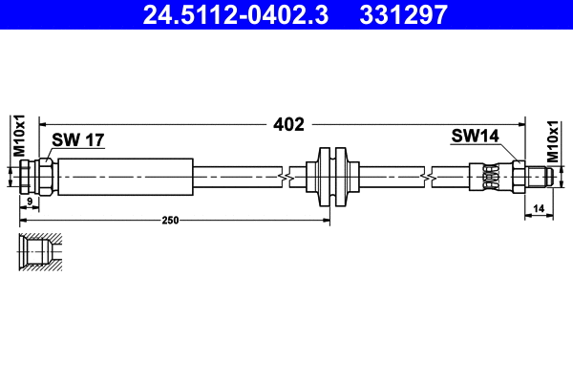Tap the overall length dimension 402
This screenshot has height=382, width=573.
point(287,124)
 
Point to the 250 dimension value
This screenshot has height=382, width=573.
point(170,221)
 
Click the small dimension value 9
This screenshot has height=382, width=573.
point(30,202)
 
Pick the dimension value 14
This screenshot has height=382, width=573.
point(539,207)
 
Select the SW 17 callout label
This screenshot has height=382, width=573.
point(77,140)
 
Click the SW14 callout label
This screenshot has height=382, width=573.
point(475,138)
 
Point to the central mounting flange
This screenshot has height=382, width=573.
point(330,176)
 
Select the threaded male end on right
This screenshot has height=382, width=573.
point(540,176)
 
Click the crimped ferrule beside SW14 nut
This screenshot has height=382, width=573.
point(490,176)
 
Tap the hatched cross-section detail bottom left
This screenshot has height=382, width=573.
point(40,253)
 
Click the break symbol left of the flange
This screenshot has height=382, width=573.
point(285,176)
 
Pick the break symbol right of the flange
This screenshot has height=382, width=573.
point(426,176)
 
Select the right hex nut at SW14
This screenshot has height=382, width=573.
point(517,176)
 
